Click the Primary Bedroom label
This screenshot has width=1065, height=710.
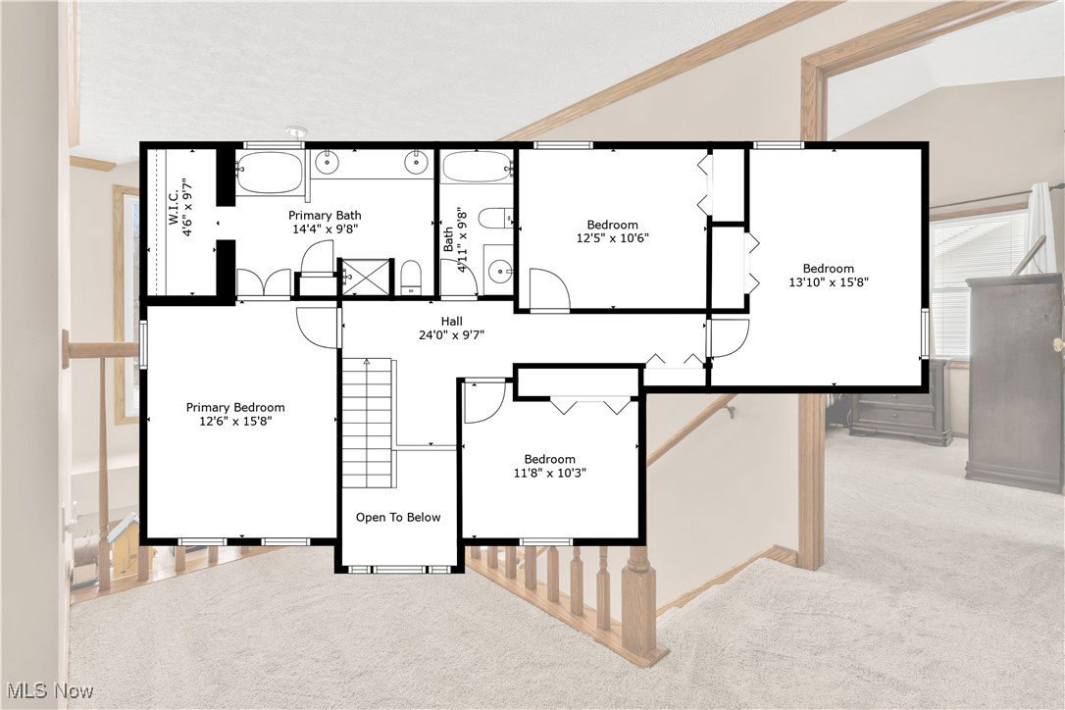235,408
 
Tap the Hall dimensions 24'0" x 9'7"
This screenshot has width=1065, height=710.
452,334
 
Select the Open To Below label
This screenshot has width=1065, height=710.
398,517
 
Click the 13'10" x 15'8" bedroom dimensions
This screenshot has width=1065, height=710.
828,282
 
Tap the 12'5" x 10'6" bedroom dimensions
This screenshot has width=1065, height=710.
613,237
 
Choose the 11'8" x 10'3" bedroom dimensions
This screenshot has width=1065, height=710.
550,473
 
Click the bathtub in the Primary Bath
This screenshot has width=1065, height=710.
270,173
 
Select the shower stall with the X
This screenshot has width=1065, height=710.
367,277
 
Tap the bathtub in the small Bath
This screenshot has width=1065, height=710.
477,167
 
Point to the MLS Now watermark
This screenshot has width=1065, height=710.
47,691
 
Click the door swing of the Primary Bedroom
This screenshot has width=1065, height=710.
318,328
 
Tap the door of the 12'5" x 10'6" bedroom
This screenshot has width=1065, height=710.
549,289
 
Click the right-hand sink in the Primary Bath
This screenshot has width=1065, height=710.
416,163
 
